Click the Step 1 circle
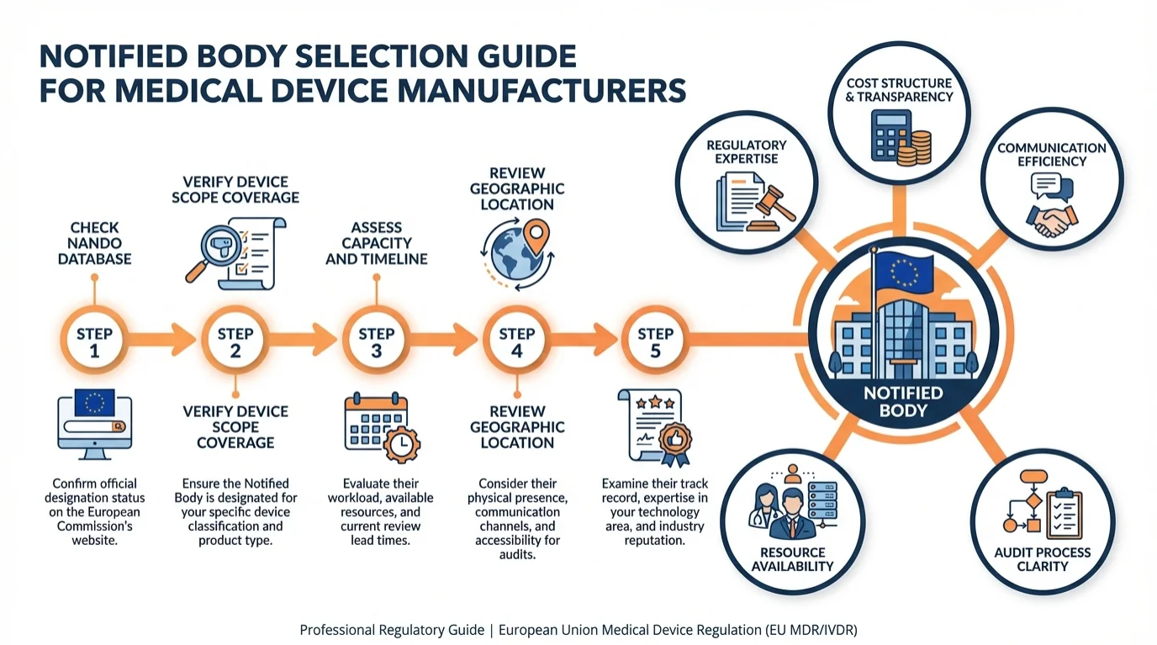[x=94, y=342]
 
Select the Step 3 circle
[x=376, y=342]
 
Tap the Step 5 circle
[x=655, y=342]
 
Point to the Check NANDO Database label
[x=94, y=243]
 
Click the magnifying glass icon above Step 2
[x=204, y=257]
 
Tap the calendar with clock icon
[x=376, y=427]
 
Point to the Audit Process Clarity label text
[x=1042, y=558]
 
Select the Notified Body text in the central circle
[x=903, y=402]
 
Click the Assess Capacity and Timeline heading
[x=376, y=243]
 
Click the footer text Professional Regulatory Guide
[x=392, y=629]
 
